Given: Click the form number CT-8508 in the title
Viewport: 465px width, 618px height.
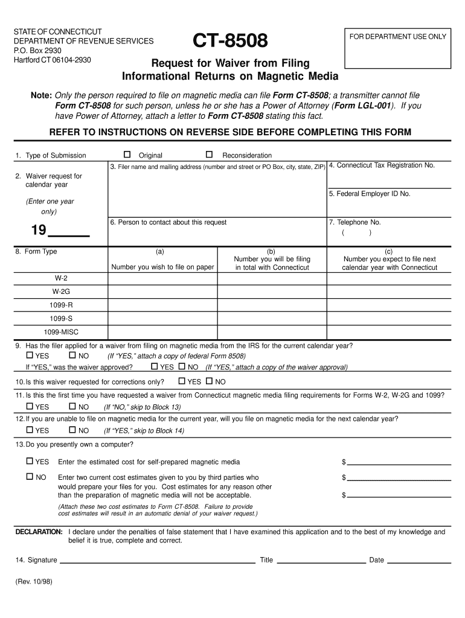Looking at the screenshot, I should point(229,42).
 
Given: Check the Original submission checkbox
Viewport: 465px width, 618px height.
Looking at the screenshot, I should point(127,154).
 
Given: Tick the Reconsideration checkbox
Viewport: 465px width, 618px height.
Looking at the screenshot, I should point(210,154).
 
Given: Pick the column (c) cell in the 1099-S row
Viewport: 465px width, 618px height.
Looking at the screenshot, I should point(390,318).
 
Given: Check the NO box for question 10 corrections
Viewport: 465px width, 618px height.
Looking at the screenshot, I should point(210,381).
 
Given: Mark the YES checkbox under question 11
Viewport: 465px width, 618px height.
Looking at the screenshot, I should point(29,406).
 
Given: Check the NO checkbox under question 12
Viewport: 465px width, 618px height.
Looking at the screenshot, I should point(72,430).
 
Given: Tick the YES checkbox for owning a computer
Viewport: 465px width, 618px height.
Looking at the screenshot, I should point(29,461).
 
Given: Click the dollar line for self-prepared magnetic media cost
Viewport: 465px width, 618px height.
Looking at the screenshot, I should point(399,462).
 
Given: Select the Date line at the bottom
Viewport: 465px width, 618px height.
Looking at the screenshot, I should point(418,559).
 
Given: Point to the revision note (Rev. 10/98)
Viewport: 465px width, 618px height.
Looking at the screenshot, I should point(34,584).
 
